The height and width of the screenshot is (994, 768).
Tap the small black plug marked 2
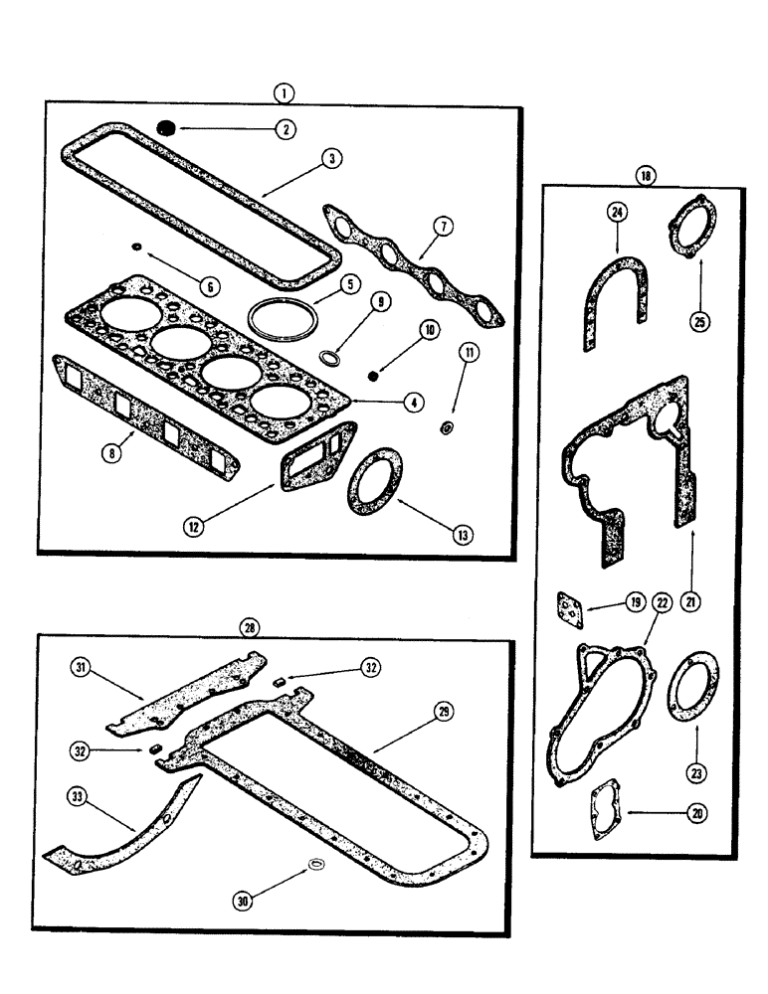click(x=167, y=126)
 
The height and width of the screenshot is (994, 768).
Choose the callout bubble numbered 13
click(x=461, y=534)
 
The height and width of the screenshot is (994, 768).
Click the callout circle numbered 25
click(x=700, y=322)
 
